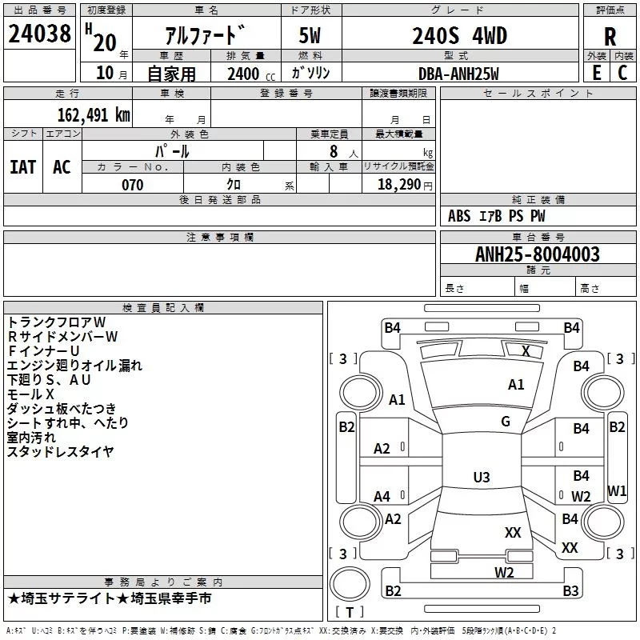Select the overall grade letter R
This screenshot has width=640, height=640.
(610, 37)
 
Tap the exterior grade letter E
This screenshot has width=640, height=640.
(596, 72)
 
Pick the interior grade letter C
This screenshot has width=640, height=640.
(622, 72)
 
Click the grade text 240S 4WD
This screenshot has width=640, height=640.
(459, 36)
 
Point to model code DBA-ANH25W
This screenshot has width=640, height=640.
(458, 74)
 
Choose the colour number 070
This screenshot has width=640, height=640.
(132, 185)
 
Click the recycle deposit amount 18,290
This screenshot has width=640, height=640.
(399, 185)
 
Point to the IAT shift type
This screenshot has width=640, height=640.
(22, 166)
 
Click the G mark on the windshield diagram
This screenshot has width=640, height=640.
(506, 422)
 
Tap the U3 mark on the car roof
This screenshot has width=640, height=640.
(481, 478)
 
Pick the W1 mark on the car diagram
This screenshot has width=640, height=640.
(617, 490)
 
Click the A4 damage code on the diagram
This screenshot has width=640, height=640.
(382, 497)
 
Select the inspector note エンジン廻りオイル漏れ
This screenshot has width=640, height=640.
(74, 366)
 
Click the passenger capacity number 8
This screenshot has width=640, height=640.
(330, 151)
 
